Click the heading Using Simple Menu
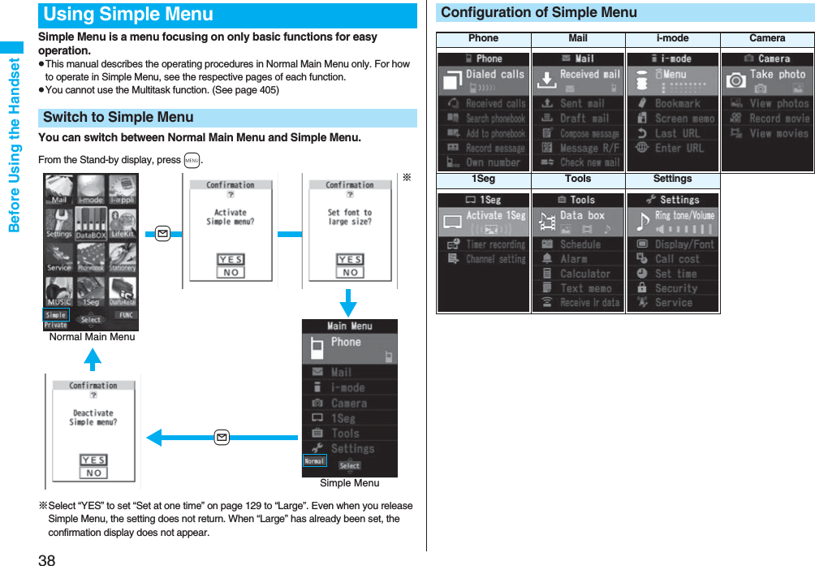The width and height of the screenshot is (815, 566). pos(128,15)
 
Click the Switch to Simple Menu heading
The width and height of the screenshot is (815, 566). pos(119,118)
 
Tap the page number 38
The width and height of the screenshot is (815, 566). pos(46,558)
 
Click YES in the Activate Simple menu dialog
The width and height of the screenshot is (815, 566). pos(231,260)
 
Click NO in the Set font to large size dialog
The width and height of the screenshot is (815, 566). pos(350,273)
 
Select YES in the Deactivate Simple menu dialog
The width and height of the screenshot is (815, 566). pos(94,460)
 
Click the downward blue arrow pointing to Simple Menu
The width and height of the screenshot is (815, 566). pos(348,303)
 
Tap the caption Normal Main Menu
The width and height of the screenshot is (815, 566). pos(92,337)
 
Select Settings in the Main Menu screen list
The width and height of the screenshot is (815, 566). pos(352,448)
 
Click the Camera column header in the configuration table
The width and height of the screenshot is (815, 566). pos(767,38)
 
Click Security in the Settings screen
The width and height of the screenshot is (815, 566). pos(675,288)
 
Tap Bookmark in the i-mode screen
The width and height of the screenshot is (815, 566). pos(677,104)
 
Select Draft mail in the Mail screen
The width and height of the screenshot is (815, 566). pos(583,119)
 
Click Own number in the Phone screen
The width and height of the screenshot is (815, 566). pos(492,162)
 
